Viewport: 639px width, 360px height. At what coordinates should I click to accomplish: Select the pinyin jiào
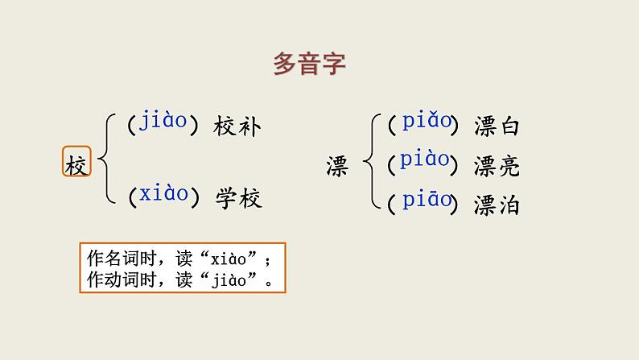tap(163, 122)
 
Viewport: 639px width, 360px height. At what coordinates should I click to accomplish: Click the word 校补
tap(237, 126)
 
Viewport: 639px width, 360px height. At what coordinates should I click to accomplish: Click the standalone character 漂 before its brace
tap(336, 165)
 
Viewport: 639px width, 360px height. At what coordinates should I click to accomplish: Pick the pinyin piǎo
tap(426, 122)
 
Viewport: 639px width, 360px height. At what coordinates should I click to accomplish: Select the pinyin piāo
tap(426, 201)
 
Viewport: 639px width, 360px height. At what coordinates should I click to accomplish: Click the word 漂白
tap(497, 126)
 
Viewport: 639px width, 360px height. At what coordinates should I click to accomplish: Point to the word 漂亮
tap(497, 165)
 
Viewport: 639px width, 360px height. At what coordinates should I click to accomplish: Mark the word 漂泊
tap(497, 205)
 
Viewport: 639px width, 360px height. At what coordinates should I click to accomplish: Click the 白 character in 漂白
tap(509, 126)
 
